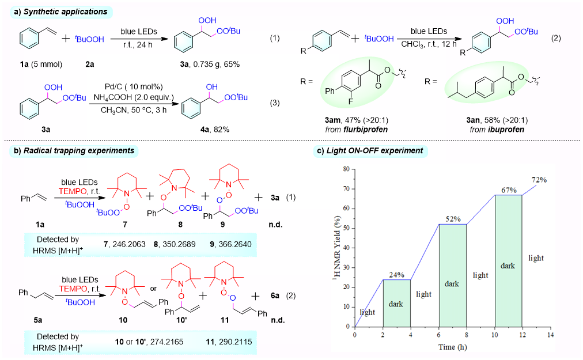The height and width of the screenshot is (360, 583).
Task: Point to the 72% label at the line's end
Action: coord(539,179)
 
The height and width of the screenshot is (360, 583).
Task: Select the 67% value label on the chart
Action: coord(509,190)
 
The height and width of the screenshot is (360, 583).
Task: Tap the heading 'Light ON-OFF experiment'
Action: coord(377,151)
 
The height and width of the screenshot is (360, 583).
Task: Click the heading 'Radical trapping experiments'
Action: coord(76,151)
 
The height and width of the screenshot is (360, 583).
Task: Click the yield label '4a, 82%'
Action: coord(213,129)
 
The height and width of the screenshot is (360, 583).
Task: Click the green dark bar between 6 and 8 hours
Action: coord(453,275)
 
